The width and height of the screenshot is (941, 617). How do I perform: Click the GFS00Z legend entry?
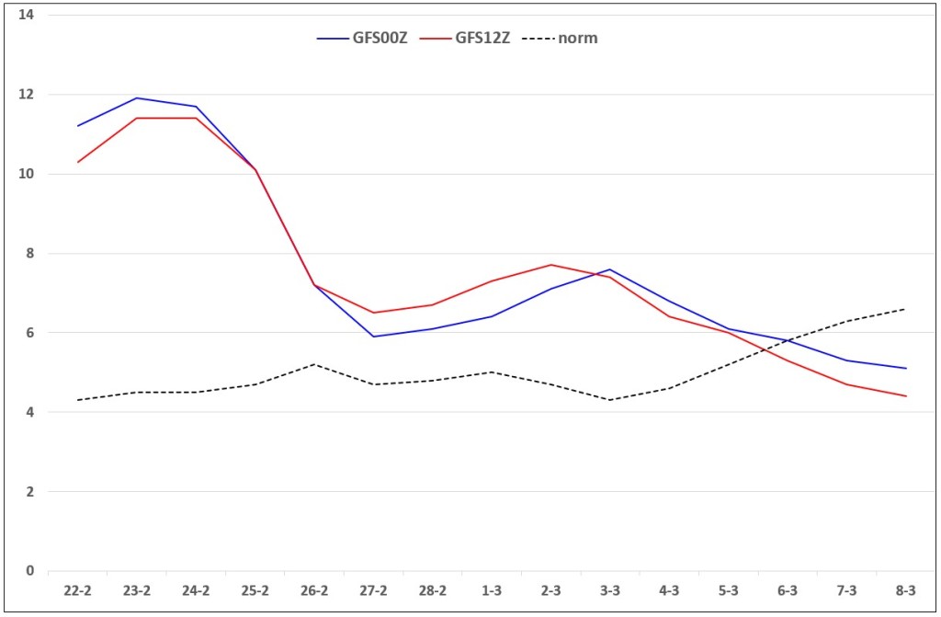point(362,38)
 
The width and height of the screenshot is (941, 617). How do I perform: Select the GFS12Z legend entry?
point(465,38)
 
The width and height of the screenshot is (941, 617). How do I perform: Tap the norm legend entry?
point(560,38)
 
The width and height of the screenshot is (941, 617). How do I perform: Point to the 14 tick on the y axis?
point(26,15)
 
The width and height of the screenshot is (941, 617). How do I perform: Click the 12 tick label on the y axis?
point(26,95)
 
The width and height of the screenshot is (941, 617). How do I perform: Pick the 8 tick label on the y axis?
point(29,253)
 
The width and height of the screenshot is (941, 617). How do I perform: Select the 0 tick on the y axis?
point(29,571)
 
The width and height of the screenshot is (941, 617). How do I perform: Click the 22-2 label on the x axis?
point(77,590)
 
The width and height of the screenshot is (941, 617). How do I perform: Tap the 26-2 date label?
point(314,590)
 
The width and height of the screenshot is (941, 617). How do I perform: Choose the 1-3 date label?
point(492,590)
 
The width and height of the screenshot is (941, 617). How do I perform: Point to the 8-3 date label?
point(905,590)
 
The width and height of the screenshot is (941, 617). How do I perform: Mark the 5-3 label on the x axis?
point(728,590)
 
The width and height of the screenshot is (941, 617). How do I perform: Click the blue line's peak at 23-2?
point(137,97)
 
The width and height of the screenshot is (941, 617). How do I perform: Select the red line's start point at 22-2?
point(77,162)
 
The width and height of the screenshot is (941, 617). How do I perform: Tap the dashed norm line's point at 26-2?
point(314,364)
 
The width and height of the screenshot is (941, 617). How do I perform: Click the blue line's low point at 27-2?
point(373,337)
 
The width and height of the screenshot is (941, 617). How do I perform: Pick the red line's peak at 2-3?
point(551,265)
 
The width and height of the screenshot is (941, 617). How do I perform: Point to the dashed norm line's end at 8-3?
point(905,309)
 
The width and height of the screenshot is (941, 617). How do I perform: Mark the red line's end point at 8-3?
point(905,396)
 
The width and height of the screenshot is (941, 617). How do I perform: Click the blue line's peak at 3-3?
point(610,269)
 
